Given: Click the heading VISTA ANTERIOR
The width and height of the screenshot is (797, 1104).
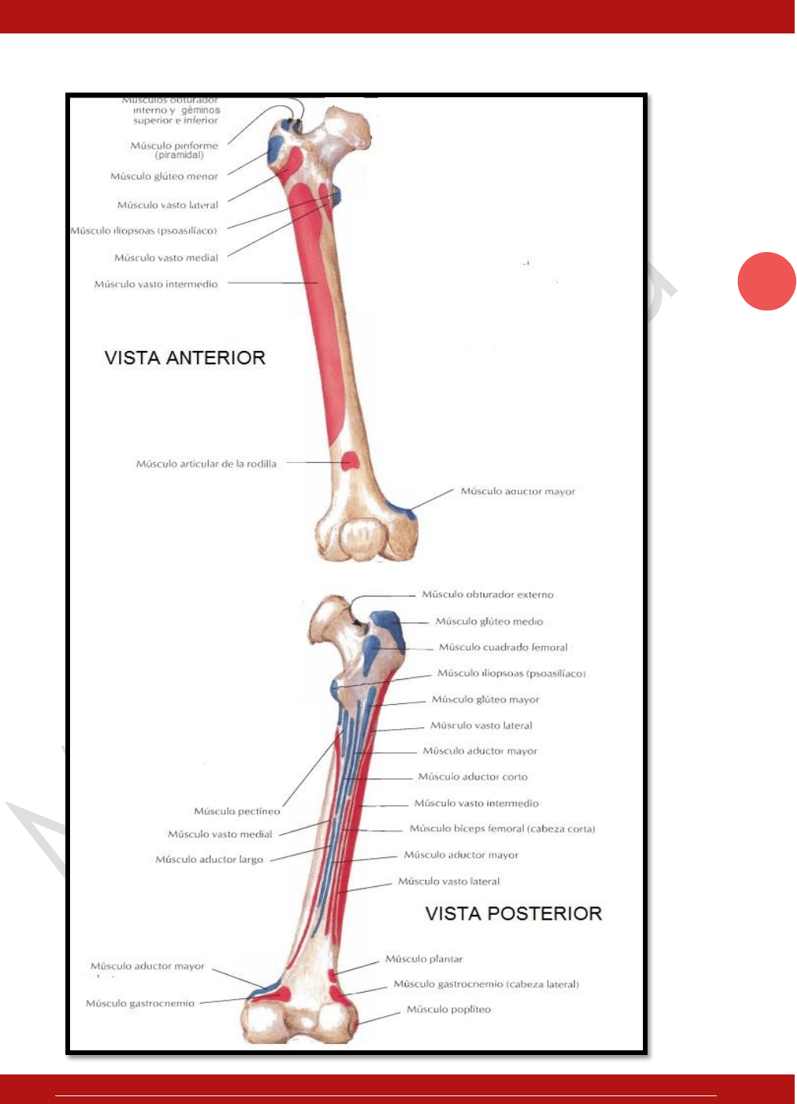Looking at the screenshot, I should click(185, 358).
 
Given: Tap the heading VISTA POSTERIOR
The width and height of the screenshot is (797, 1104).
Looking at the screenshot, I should click(514, 913).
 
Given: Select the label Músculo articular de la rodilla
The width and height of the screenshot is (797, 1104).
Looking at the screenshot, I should click(206, 464).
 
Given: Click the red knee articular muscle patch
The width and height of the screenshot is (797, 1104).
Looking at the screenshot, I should click(351, 461).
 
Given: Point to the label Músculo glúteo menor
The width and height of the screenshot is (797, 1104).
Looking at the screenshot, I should click(164, 177).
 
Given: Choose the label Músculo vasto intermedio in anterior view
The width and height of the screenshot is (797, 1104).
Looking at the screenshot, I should click(156, 284).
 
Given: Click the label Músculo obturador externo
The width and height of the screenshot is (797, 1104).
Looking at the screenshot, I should click(487, 594).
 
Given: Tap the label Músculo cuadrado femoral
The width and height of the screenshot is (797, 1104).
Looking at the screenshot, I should click(503, 647).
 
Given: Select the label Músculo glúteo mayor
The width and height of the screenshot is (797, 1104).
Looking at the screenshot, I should click(486, 699).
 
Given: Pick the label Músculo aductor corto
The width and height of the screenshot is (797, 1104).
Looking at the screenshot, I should click(472, 776).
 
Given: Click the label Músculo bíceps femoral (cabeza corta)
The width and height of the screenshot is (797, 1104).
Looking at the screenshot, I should click(502, 829).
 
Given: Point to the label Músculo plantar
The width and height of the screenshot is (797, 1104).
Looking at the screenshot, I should click(424, 959).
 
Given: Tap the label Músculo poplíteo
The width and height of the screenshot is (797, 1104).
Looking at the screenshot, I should click(449, 1009).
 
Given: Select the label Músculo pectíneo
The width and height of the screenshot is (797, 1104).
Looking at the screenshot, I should click(237, 811).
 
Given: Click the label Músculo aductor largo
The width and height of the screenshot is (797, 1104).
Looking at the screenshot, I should click(209, 860).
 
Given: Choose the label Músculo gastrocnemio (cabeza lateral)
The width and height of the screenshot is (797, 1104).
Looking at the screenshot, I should click(486, 984).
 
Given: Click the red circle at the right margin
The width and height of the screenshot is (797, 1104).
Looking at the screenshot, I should click(767, 282).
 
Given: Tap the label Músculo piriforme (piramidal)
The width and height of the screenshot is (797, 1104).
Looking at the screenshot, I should click(174, 149).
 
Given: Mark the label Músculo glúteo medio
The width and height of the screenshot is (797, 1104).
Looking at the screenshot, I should click(490, 622).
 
